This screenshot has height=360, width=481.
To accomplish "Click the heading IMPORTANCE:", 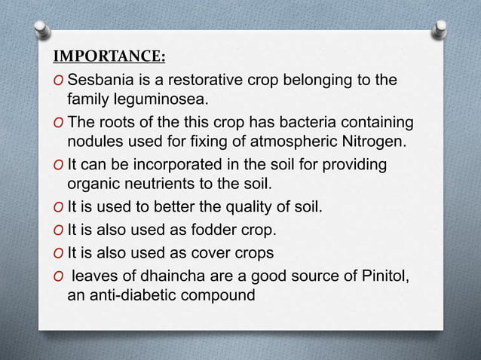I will pos(110,58).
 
